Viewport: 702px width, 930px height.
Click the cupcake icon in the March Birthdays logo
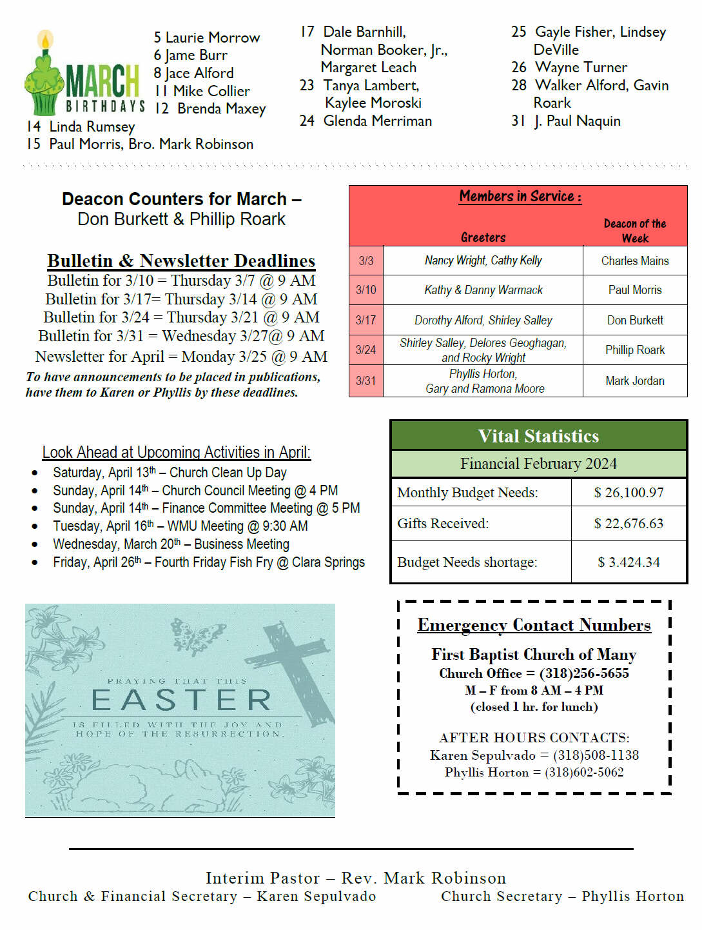click(44, 77)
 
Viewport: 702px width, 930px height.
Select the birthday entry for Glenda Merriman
click(377, 121)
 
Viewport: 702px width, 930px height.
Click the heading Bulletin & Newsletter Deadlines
click(181, 261)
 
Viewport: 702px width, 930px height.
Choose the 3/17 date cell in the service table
click(366, 320)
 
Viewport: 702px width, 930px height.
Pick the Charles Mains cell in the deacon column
click(634, 261)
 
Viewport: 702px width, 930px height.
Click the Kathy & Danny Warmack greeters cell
click(483, 290)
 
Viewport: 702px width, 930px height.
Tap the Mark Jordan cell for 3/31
click(634, 381)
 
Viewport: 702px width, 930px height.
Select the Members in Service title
click(520, 196)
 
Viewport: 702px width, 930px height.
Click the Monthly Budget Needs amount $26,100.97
click(629, 493)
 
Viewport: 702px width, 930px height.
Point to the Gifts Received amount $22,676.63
click(629, 524)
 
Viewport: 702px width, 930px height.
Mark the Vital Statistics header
click(538, 436)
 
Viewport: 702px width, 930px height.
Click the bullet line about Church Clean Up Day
click(170, 473)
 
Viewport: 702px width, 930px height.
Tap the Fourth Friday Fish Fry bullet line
click(208, 562)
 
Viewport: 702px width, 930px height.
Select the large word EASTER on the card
click(181, 700)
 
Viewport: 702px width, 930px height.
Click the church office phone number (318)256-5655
click(584, 673)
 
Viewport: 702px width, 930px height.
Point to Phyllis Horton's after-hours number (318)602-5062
click(584, 772)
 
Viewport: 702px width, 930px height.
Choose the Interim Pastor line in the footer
click(355, 878)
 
